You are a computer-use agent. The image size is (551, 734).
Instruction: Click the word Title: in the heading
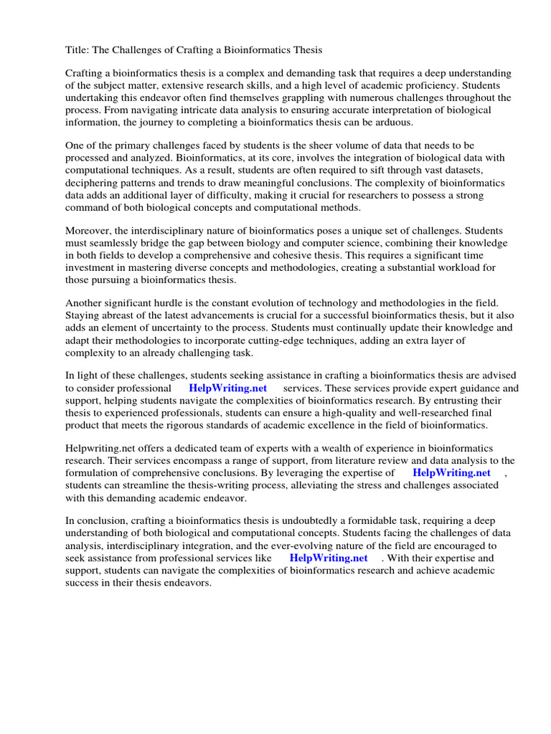coord(77,50)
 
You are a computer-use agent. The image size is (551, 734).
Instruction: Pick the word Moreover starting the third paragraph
coord(90,230)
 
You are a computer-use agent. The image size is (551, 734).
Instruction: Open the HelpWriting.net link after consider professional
coord(227,388)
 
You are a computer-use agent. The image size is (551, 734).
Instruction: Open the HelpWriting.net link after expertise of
coord(451,473)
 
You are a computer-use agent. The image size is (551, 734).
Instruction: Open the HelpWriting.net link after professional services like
coord(329,558)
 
